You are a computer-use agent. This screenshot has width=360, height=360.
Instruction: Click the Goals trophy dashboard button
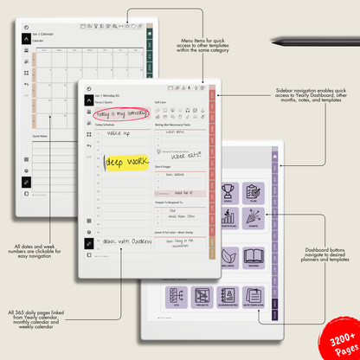[x=228, y=193]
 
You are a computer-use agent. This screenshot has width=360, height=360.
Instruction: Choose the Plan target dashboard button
[x=254, y=193]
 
